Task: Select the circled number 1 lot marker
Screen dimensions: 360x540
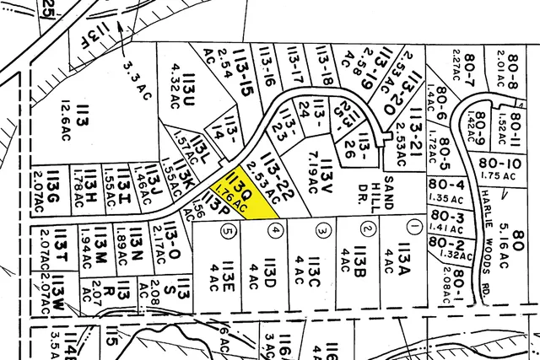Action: tap(413, 227)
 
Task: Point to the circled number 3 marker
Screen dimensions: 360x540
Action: tap(321, 228)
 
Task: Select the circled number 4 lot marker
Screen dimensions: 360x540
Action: tap(273, 228)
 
